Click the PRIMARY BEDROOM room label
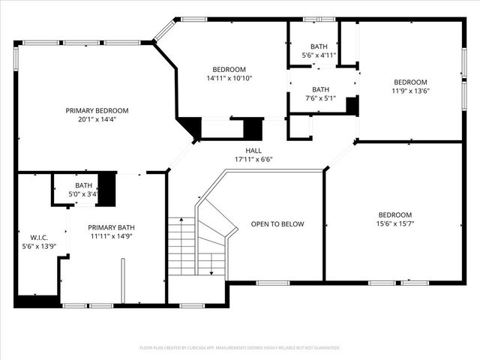(x=97, y=110)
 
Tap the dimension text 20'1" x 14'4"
(x=97, y=118)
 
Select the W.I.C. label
(x=39, y=237)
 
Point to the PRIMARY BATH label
(x=110, y=227)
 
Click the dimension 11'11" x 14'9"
(x=110, y=236)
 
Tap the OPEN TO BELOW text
(x=277, y=223)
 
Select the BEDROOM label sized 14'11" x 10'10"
(x=229, y=70)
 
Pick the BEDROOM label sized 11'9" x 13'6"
(x=410, y=82)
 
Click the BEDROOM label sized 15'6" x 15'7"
(x=394, y=214)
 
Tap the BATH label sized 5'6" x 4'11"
(x=319, y=46)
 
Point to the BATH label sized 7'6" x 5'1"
(x=320, y=89)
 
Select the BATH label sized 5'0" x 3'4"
(x=83, y=185)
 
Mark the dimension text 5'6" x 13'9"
(x=39, y=246)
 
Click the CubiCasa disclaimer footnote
(x=240, y=348)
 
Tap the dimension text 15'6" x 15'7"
(x=394, y=223)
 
